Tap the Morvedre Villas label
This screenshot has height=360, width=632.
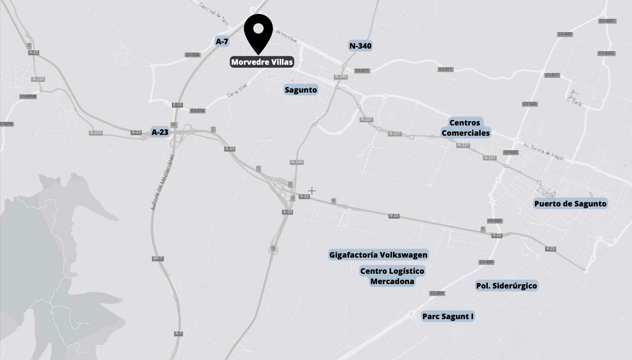[262, 62]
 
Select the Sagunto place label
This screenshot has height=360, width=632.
[301, 90]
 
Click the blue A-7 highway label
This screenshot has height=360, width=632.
[222, 41]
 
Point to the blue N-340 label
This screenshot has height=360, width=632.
[360, 46]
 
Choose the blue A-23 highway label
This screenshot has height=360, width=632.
[160, 132]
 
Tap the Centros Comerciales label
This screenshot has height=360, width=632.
[465, 128]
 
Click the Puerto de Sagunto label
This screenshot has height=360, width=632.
[570, 204]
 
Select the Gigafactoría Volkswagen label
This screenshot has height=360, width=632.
[378, 255]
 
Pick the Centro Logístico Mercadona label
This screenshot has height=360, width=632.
[392, 276]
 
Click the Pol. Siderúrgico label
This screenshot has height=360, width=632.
[506, 286]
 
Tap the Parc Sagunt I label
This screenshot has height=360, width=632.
[448, 317]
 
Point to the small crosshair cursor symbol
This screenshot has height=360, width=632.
[312, 191]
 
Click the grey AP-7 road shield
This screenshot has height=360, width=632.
[158, 258]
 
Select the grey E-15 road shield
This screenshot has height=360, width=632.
[177, 105]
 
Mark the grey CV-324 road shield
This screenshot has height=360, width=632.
[192, 55]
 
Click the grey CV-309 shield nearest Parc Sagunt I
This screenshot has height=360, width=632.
[437, 293]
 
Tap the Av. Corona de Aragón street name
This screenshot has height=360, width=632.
[544, 152]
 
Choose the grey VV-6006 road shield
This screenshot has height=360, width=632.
[28, 96]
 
